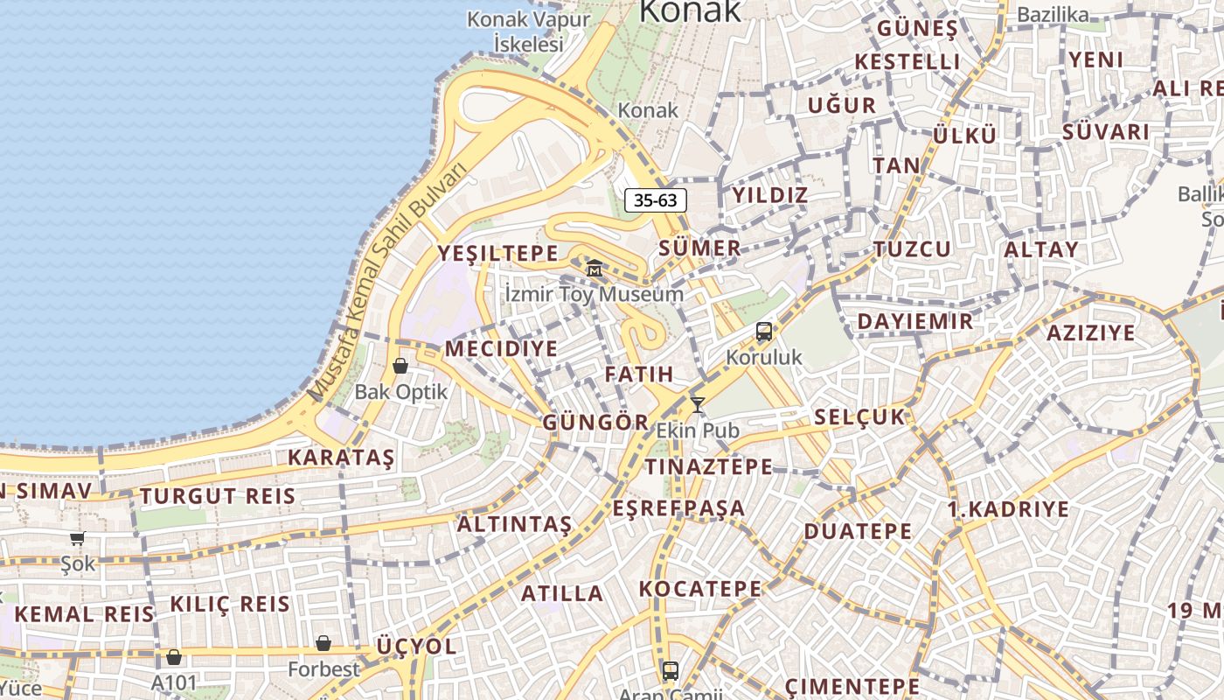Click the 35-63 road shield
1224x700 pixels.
(x=656, y=200)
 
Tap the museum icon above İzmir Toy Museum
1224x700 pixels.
(x=595, y=267)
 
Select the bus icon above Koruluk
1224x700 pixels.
(x=764, y=332)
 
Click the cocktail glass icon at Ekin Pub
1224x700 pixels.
(x=698, y=404)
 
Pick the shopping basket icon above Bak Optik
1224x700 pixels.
(x=400, y=366)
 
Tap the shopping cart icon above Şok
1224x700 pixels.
(x=78, y=538)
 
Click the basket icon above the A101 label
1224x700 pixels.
(x=174, y=657)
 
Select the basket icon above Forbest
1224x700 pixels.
(x=323, y=643)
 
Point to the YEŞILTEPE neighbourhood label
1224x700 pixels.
(x=497, y=254)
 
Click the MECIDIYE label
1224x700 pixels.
(x=501, y=349)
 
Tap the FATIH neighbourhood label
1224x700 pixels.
(x=639, y=374)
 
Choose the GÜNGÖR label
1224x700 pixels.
(x=596, y=423)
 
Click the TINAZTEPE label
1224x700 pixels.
(x=709, y=466)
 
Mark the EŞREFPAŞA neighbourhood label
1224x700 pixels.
(x=678, y=508)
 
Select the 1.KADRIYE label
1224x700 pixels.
(x=1008, y=509)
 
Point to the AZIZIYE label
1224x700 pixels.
(x=1090, y=332)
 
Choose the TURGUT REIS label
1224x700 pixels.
(x=218, y=496)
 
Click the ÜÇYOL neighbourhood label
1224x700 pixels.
(x=416, y=647)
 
